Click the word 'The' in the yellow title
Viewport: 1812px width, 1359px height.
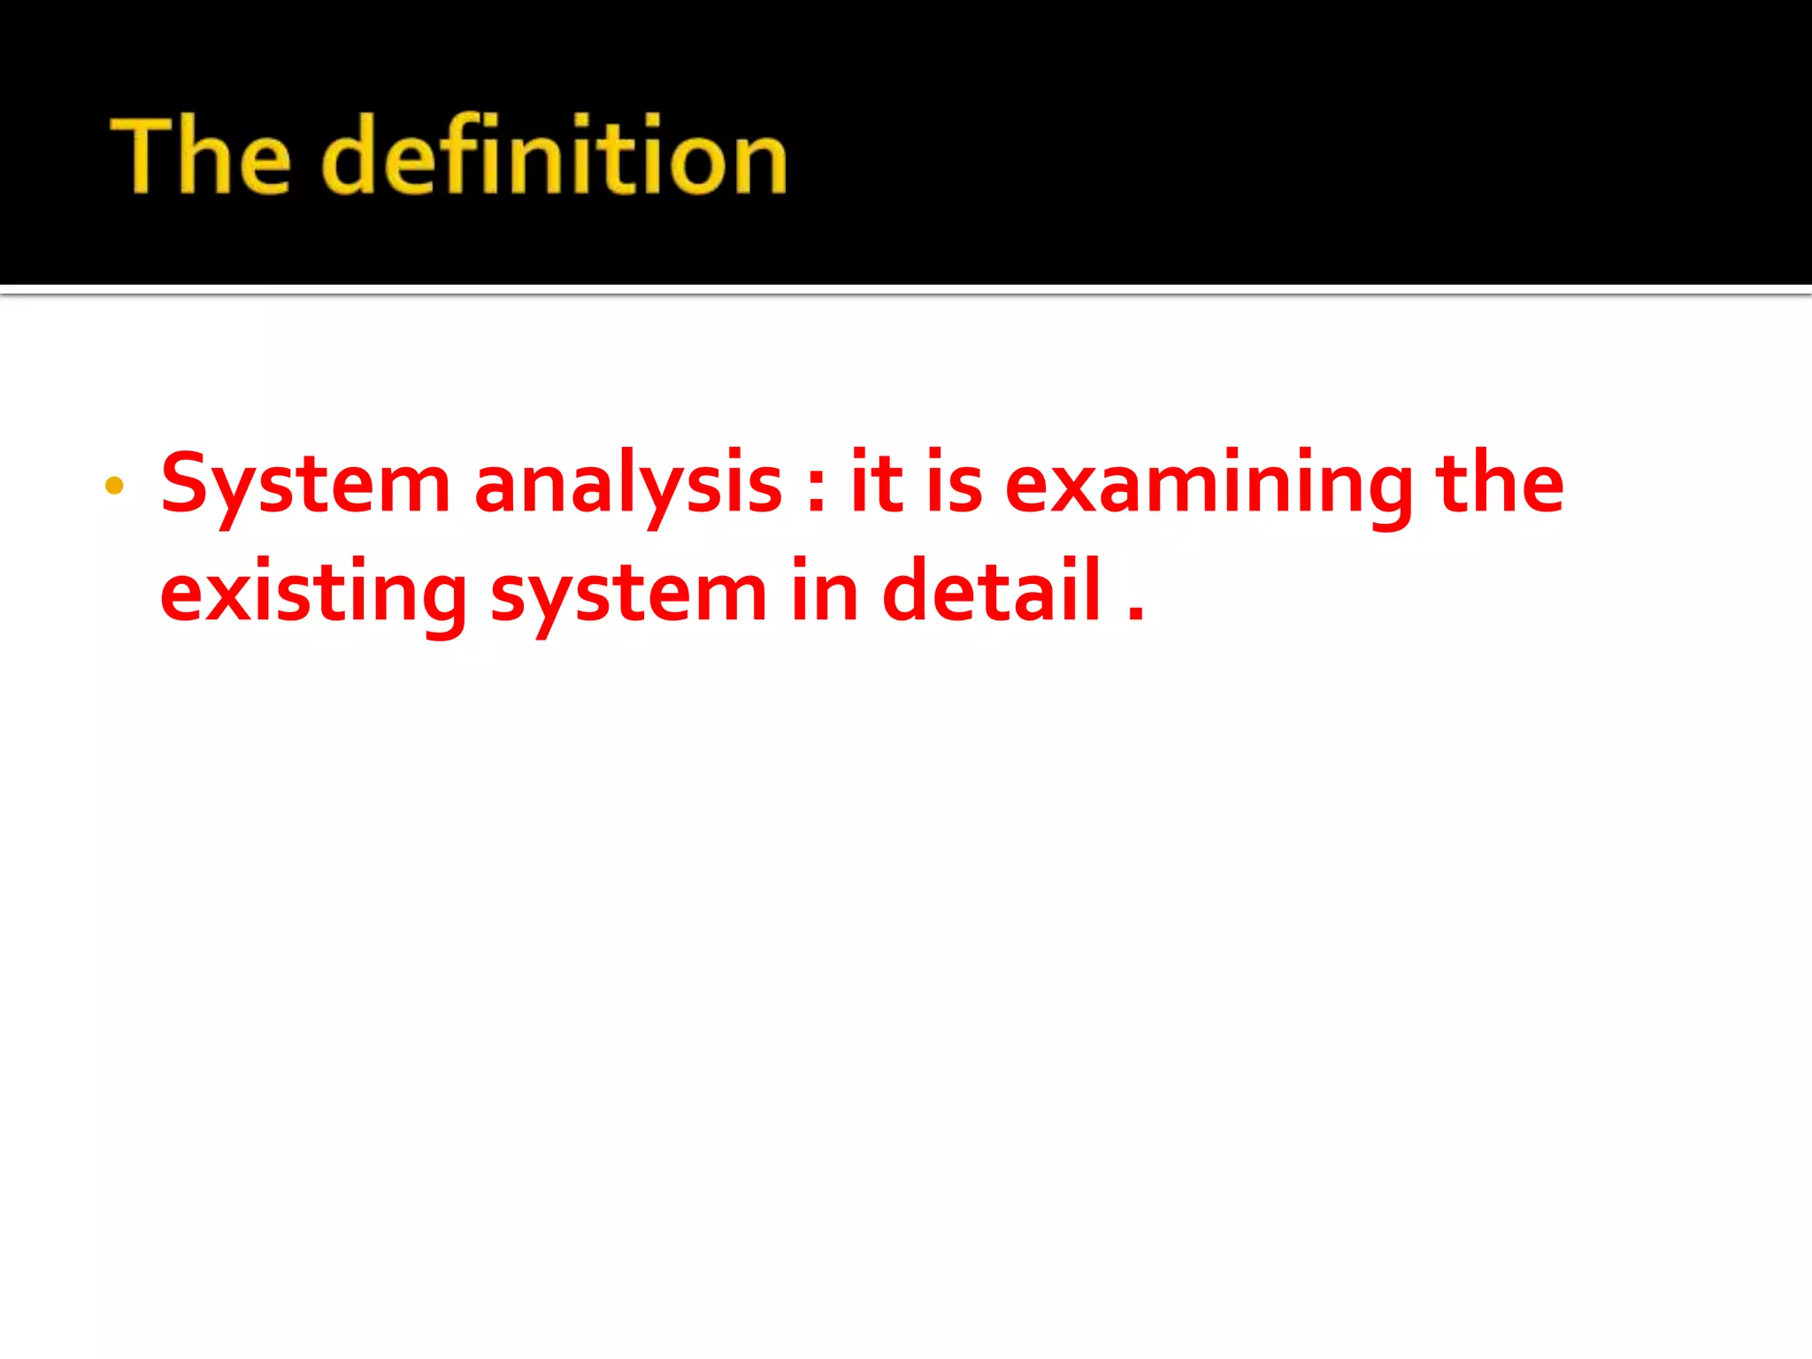tap(201, 156)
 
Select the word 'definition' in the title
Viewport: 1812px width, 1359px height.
tap(554, 156)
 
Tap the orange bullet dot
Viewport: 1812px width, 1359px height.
tap(114, 485)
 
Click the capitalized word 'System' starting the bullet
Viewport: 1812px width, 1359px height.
tap(305, 484)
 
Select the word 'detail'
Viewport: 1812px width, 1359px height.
tap(992, 591)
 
